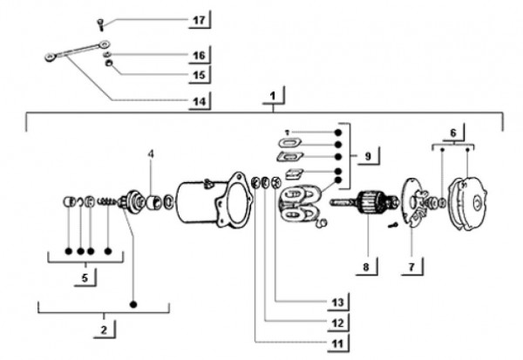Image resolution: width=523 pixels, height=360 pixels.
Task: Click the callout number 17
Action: pyautogui.click(x=199, y=20)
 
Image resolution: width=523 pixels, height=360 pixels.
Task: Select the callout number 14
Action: pyautogui.click(x=199, y=101)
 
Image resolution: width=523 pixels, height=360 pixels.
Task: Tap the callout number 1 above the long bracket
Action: pyautogui.click(x=273, y=96)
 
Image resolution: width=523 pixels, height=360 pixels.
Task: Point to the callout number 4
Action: pyautogui.click(x=151, y=153)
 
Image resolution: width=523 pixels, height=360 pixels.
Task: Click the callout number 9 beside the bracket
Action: pyautogui.click(x=368, y=156)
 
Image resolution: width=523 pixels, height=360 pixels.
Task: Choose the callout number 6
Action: pyautogui.click(x=453, y=132)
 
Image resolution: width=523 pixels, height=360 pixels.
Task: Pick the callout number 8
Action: pyautogui.click(x=411, y=267)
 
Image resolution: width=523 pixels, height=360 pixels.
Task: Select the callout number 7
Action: pyautogui.click(x=366, y=267)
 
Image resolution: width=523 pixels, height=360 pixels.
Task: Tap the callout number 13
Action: pyautogui.click(x=337, y=302)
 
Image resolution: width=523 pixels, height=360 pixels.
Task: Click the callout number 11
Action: pyautogui.click(x=337, y=343)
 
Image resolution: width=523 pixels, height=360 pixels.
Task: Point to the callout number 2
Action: pyautogui.click(x=104, y=329)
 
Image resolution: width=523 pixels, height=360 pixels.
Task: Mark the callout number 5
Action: pyautogui.click(x=85, y=277)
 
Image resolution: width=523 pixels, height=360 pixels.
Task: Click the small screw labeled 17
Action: pyautogui.click(x=101, y=24)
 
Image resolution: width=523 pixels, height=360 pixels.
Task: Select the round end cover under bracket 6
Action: pyautogui.click(x=467, y=205)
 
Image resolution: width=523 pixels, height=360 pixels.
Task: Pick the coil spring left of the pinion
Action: pyautogui.click(x=106, y=201)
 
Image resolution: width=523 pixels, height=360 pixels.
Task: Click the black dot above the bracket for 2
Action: pyautogui.click(x=133, y=304)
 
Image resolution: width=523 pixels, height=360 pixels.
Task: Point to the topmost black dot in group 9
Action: pyautogui.click(x=338, y=132)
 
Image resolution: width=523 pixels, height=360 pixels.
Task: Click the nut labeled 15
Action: pyautogui.click(x=109, y=63)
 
